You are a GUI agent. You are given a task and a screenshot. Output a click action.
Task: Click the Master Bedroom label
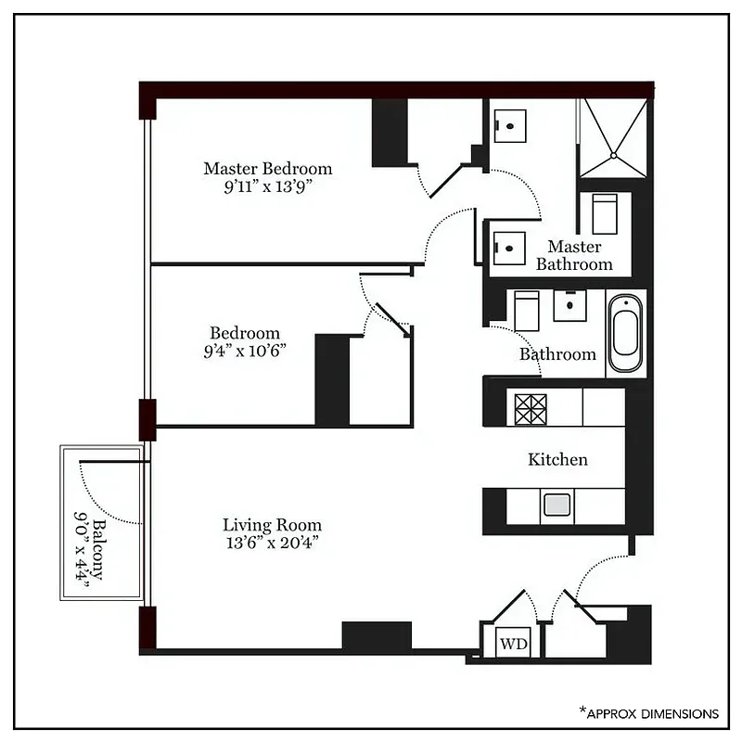click(267, 169)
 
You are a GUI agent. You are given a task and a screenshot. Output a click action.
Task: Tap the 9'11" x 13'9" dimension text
click(267, 185)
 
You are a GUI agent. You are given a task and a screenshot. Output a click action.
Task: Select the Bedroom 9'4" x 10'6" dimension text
click(244, 350)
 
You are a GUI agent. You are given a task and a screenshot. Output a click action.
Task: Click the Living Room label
click(272, 525)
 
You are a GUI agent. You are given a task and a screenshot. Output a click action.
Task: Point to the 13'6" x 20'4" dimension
click(272, 542)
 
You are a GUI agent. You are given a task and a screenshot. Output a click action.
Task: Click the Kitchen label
click(557, 459)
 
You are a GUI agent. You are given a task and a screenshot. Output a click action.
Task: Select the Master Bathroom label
click(574, 255)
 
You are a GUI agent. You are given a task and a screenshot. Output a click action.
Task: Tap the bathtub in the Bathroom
click(625, 334)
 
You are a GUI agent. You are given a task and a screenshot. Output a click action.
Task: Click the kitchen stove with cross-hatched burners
click(531, 409)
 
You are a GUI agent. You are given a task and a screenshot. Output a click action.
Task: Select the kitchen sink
click(556, 505)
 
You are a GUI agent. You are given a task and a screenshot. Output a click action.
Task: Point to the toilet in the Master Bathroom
click(604, 212)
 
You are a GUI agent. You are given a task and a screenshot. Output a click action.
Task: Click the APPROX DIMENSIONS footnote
click(649, 713)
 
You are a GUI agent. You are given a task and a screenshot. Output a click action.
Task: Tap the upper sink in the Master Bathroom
click(509, 125)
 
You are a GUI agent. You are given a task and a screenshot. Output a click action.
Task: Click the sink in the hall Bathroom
click(569, 305)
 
